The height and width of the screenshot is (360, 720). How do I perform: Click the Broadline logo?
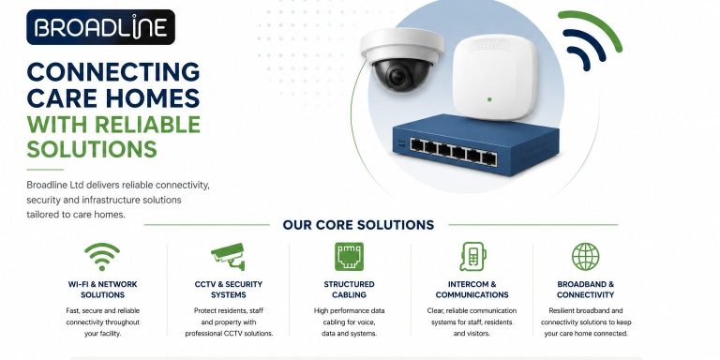tap(100, 27)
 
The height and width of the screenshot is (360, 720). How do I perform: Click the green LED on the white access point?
tap(489, 99)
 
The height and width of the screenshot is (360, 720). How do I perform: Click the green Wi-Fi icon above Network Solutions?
tap(102, 257)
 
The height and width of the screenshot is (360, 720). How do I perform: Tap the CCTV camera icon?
tap(228, 256)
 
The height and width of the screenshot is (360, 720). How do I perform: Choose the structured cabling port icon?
tap(349, 256)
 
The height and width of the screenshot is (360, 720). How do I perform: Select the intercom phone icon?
tap(472, 256)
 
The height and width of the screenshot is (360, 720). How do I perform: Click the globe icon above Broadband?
tap(585, 256)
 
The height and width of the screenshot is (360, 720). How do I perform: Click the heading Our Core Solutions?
tap(358, 225)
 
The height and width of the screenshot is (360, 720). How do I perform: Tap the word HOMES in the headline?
tap(156, 97)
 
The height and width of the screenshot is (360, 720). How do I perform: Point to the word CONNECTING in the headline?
tap(113, 71)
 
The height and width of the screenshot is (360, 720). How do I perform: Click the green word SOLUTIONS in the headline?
tap(92, 149)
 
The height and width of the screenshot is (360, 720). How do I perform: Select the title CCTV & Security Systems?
tap(229, 290)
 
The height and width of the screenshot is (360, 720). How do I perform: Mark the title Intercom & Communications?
tap(472, 290)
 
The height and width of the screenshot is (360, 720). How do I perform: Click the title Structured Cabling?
tap(349, 290)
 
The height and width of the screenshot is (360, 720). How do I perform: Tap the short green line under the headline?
tap(45, 170)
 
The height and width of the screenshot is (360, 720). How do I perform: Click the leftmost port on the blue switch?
tap(417, 144)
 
